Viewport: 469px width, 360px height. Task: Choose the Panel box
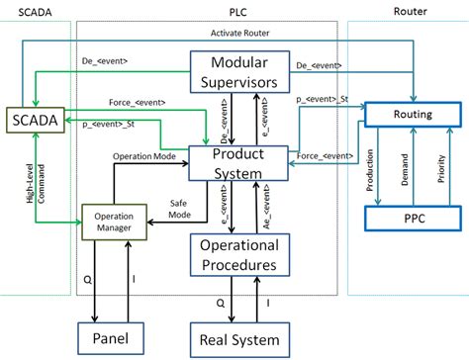point(112,338)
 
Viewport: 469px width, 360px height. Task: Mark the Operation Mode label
point(144,155)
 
